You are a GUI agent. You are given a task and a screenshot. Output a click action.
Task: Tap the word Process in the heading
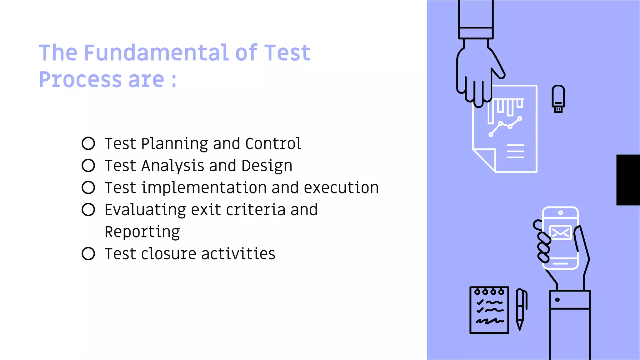tap(80, 79)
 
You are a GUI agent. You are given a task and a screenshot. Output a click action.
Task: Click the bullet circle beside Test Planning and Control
tap(88, 143)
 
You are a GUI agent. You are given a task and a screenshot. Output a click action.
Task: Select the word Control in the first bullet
tap(273, 144)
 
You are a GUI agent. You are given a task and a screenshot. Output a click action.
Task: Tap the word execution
tap(341, 188)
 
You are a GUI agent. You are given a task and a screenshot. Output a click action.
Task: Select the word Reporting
tap(142, 232)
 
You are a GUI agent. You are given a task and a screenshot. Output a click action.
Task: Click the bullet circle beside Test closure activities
tap(88, 254)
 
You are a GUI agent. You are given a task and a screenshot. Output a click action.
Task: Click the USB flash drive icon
tap(558, 99)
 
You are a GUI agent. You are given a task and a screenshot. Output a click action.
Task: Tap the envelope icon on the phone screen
tap(560, 232)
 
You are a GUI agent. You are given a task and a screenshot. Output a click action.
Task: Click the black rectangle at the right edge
tap(628, 180)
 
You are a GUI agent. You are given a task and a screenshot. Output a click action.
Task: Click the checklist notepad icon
tap(489, 310)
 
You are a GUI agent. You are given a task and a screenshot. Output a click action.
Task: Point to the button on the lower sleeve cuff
tap(557, 300)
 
